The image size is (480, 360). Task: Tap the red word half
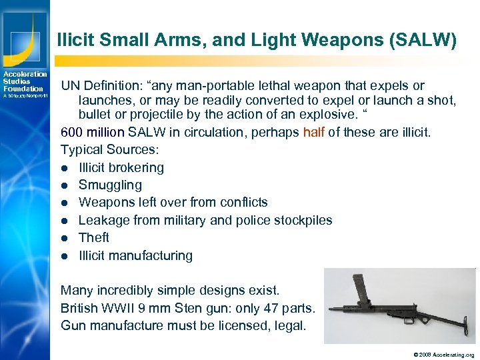pos(314,132)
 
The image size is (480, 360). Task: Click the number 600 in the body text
pos(72,132)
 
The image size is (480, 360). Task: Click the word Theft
pos(93,237)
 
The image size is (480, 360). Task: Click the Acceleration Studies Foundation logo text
pos(25,81)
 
